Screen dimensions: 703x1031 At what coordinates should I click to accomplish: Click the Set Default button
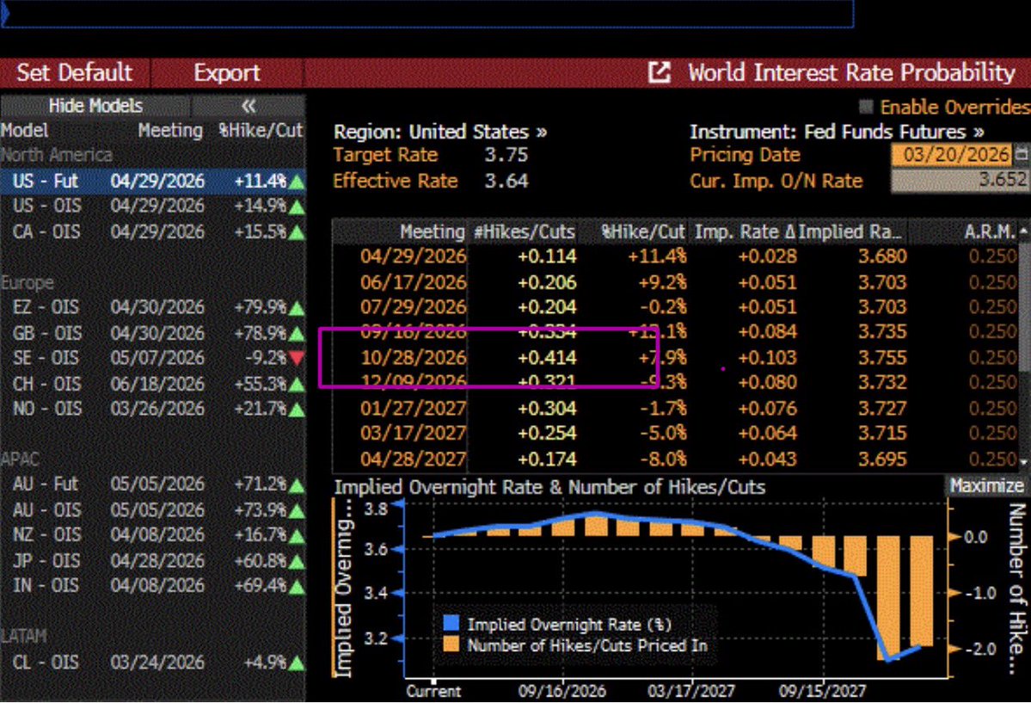coord(75,72)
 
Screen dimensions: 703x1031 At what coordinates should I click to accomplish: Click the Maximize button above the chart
coord(987,486)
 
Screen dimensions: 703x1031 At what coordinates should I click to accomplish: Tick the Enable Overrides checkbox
coord(866,108)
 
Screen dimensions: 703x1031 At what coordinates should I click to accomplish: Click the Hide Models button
coord(95,106)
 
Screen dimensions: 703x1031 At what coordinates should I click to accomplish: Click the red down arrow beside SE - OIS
coord(297,358)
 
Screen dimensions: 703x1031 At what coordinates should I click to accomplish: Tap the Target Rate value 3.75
coord(506,156)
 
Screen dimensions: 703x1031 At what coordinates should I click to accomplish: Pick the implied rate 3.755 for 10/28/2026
coord(881,358)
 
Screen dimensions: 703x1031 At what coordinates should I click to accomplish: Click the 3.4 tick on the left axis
coord(377,594)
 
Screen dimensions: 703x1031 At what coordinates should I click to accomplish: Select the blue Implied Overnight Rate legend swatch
coord(451,625)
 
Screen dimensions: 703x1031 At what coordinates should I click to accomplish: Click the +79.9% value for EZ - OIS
coord(261,307)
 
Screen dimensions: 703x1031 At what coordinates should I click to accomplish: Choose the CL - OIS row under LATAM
coord(46,663)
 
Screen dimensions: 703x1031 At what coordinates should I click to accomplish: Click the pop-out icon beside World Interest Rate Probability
coord(660,72)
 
